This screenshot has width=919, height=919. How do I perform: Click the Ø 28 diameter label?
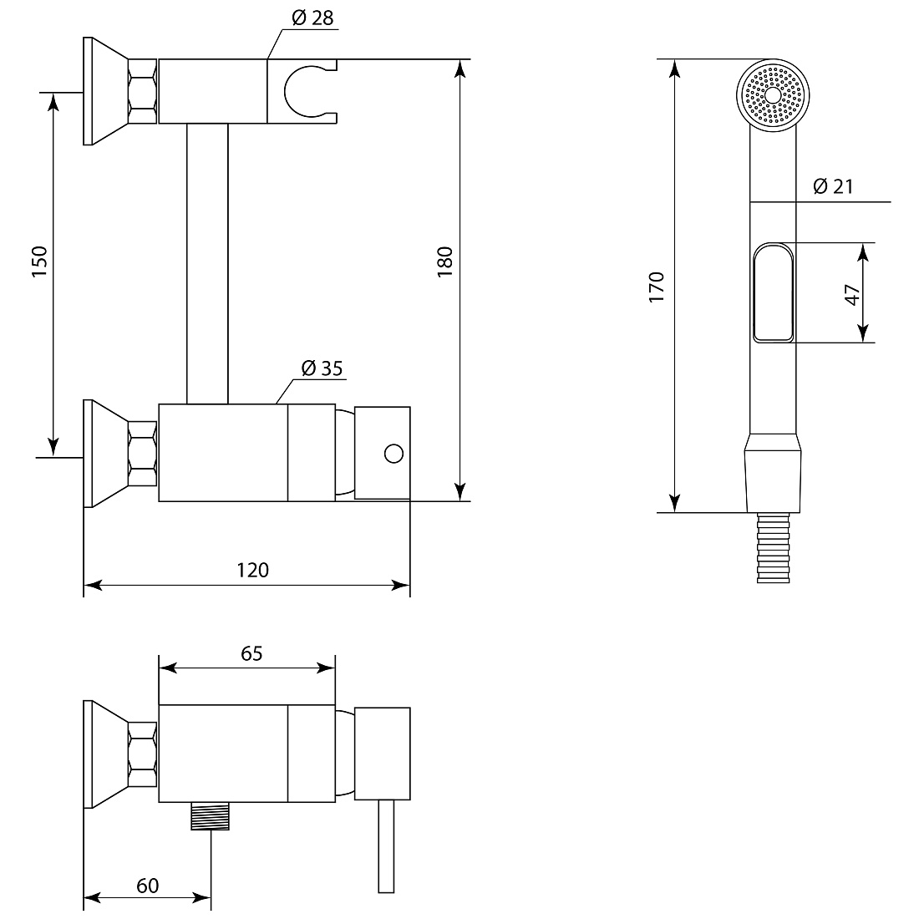click(x=312, y=18)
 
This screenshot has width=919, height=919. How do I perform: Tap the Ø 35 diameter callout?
click(x=322, y=368)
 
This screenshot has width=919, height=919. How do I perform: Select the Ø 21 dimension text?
click(x=833, y=186)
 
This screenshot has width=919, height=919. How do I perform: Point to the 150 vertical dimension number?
click(x=38, y=261)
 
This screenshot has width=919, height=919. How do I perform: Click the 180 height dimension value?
click(x=444, y=261)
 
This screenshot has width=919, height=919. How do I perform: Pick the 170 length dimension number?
click(x=657, y=287)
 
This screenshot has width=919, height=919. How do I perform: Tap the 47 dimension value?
click(x=852, y=294)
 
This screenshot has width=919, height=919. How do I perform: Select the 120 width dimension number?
click(x=252, y=570)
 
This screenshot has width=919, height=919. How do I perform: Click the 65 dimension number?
click(x=251, y=653)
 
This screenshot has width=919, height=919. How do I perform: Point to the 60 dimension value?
click(x=148, y=886)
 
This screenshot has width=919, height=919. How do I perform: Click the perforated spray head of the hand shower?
click(x=773, y=95)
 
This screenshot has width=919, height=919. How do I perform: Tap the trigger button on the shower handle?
click(x=773, y=292)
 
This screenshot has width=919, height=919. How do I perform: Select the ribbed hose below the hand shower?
click(x=773, y=547)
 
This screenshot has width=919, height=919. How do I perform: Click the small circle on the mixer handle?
click(x=393, y=454)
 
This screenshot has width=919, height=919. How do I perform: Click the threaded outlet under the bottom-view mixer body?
click(x=210, y=816)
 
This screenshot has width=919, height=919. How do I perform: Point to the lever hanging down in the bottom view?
click(x=386, y=846)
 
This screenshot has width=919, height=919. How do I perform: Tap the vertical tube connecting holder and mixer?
click(x=207, y=264)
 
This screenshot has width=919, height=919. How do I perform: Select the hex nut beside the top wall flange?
click(x=142, y=91)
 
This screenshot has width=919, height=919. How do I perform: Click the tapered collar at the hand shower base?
click(x=773, y=473)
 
